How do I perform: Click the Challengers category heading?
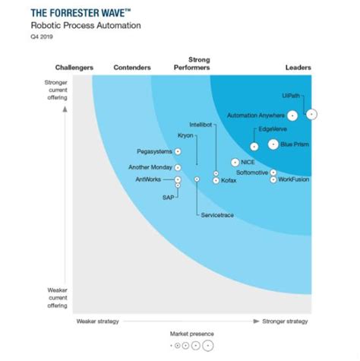(x=74, y=68)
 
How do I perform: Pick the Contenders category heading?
(x=131, y=68)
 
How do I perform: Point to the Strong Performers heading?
(x=198, y=63)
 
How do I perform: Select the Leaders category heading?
(x=298, y=68)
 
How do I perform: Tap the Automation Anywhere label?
(x=256, y=116)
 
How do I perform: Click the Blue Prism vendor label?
(x=294, y=144)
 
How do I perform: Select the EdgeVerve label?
(x=272, y=128)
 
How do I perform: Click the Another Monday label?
(x=150, y=167)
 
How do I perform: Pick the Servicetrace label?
(x=217, y=215)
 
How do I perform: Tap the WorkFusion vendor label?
(x=295, y=180)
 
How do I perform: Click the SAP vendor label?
(x=169, y=197)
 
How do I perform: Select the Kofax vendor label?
(x=229, y=181)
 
